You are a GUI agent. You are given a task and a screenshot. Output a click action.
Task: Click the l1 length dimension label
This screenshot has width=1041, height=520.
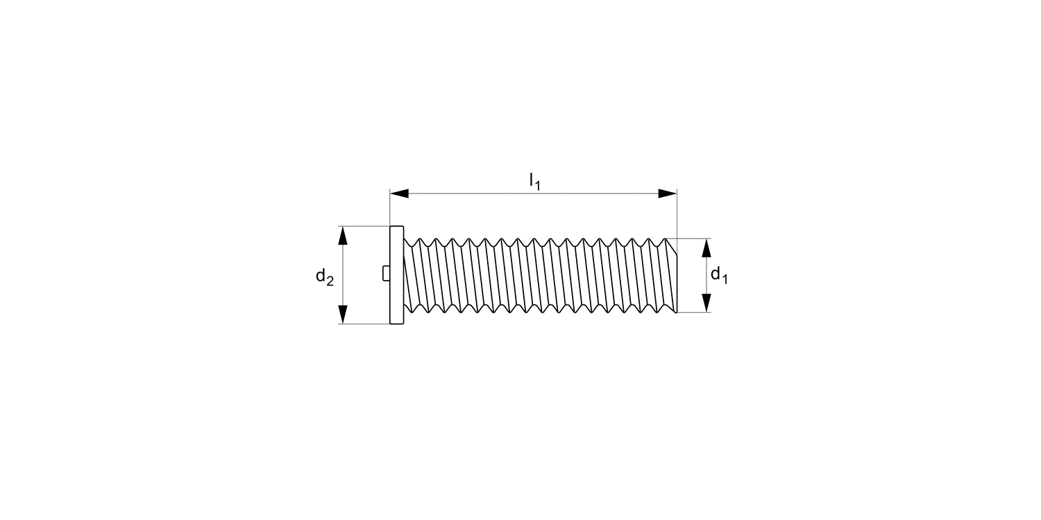(x=534, y=182)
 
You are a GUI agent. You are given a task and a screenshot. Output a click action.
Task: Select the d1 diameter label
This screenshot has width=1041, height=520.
(x=719, y=275)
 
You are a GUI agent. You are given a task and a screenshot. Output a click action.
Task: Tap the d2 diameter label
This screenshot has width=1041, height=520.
(x=325, y=277)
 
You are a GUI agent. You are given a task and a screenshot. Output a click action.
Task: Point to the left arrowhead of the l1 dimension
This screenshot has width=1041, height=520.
(x=399, y=193)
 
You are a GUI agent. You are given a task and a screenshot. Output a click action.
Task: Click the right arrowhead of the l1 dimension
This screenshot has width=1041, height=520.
(x=668, y=193)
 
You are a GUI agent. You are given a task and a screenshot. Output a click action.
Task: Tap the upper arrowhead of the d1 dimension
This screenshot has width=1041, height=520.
(x=706, y=248)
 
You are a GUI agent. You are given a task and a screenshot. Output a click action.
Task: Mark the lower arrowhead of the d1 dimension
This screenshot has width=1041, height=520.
(x=706, y=303)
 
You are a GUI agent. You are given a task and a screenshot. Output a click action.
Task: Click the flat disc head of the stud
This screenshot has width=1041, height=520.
(x=396, y=275)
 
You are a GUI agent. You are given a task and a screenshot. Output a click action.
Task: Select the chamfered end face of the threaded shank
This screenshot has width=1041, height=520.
(x=671, y=275)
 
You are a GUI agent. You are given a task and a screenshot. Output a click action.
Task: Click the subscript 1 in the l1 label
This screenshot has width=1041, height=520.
(x=538, y=186)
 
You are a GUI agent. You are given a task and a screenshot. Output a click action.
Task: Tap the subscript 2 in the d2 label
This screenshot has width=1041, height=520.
(x=330, y=281)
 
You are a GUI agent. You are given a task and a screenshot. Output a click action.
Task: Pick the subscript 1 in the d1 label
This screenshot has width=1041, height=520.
(x=725, y=279)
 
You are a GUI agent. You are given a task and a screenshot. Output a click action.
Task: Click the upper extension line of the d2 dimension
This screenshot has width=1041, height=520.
(x=364, y=226)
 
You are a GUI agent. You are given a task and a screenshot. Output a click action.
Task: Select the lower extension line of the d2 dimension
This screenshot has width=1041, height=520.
(x=364, y=324)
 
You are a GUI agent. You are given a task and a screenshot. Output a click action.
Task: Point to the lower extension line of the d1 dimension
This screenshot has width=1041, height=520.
(x=694, y=312)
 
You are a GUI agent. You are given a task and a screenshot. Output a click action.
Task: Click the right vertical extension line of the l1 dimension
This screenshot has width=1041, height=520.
(x=677, y=215)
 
